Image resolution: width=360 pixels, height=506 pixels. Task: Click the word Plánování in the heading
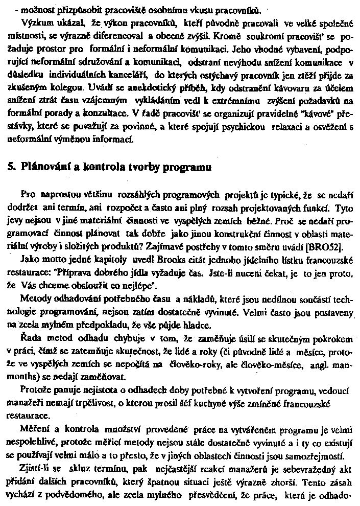pos(42,168)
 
